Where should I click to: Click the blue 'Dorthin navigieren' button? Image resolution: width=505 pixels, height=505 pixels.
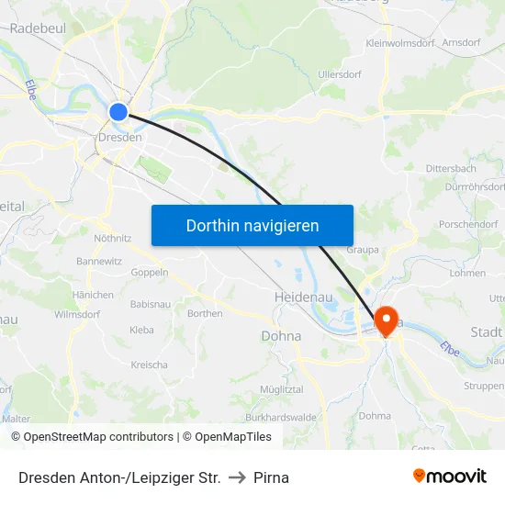(x=252, y=225)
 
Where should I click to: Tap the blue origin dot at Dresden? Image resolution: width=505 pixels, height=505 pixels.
(x=118, y=112)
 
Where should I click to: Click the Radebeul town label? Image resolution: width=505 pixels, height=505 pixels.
(x=38, y=28)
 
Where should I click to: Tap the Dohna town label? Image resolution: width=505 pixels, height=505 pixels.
(x=281, y=336)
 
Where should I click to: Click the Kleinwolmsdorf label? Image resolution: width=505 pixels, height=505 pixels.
(x=400, y=43)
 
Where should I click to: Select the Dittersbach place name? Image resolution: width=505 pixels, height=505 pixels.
(x=451, y=169)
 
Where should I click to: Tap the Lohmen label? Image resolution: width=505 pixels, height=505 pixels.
(x=468, y=273)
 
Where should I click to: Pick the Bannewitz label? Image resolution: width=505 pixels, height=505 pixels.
(x=99, y=261)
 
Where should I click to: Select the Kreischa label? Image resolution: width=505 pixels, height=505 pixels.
(x=149, y=365)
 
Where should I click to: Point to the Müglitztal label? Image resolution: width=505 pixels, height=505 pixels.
(x=282, y=390)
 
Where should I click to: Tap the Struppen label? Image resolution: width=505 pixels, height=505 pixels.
(x=483, y=387)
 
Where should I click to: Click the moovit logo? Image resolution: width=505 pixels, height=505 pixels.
(x=449, y=477)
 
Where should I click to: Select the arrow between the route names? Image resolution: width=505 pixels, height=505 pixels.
(x=237, y=477)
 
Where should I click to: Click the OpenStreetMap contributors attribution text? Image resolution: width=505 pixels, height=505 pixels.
(x=98, y=437)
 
